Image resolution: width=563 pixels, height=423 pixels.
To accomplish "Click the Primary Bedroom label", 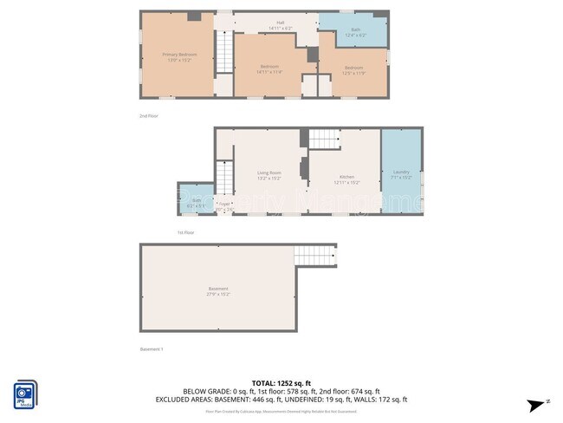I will coord(177,55).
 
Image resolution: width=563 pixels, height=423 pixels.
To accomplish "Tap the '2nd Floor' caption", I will coord(149,115).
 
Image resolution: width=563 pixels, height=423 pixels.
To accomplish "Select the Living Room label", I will coord(269,173).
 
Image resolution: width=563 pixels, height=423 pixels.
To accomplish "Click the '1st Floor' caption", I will coord(185,232).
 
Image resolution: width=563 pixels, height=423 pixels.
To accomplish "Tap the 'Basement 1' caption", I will coord(152,349).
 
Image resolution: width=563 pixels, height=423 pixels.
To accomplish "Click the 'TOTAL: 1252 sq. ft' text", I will coord(281,382).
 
